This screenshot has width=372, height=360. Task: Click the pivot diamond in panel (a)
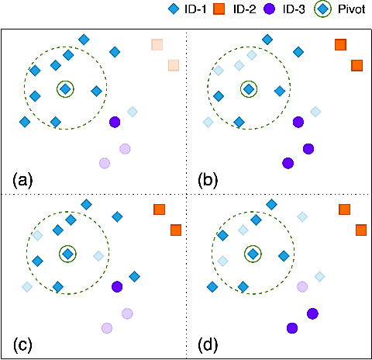[x=66, y=89]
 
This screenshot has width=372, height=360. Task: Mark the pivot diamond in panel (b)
[x=248, y=89]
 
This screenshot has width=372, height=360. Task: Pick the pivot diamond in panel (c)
[x=68, y=254]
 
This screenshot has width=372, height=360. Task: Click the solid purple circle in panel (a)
[x=115, y=122]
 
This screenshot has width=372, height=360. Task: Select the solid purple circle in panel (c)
[x=117, y=287]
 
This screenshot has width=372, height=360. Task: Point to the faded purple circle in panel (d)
[x=302, y=287]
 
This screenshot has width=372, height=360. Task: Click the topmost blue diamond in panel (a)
[x=84, y=39]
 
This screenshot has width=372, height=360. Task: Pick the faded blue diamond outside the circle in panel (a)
[x=133, y=112]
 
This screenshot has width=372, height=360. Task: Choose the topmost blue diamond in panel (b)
[x=267, y=39]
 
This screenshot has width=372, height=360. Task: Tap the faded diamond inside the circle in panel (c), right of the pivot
[x=98, y=255]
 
